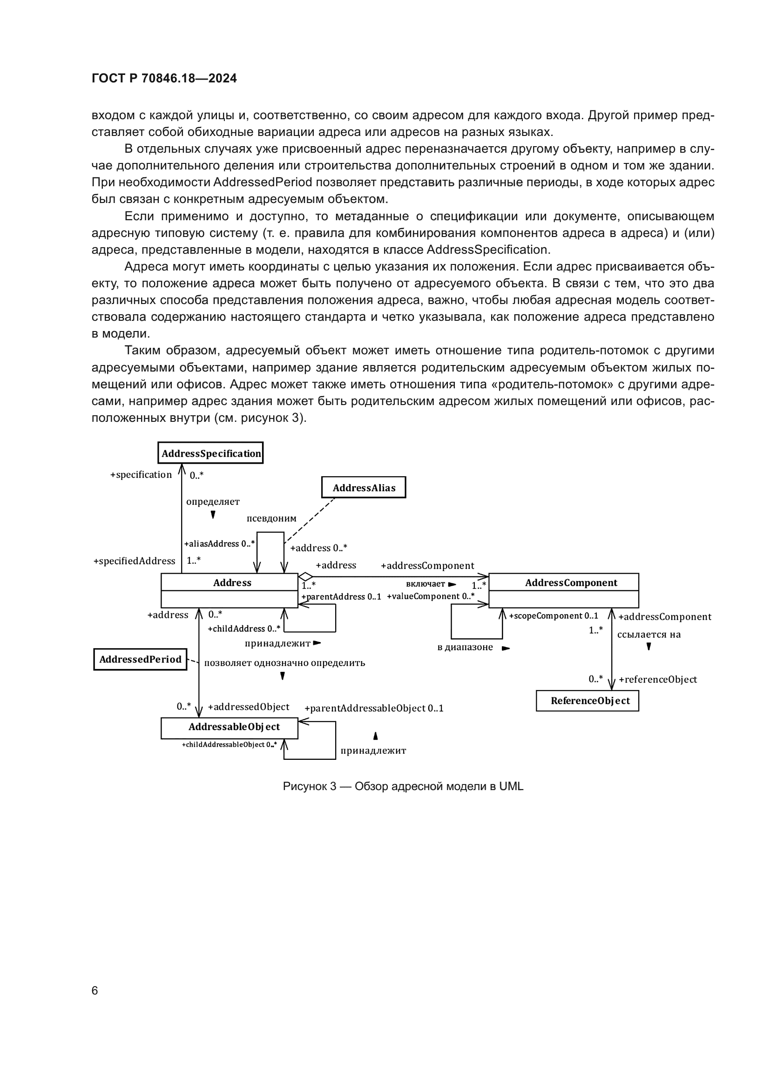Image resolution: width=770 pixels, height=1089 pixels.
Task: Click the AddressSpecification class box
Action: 210,453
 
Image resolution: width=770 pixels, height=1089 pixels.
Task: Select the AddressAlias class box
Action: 364,487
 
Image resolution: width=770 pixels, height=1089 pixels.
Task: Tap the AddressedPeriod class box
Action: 140,659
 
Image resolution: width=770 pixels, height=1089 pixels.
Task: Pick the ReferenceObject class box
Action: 588,701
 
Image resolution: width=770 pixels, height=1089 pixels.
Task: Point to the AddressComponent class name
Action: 571,582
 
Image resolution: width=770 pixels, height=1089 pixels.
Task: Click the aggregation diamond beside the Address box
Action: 305,577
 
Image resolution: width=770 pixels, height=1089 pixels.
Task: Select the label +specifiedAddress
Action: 134,561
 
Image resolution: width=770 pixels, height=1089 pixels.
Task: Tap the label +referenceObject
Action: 658,679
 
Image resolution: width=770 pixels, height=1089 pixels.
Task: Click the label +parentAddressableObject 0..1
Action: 374,708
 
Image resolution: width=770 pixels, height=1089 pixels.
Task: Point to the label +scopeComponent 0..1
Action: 554,616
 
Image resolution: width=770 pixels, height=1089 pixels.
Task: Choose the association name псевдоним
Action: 271,518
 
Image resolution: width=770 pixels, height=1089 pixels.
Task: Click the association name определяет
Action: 213,501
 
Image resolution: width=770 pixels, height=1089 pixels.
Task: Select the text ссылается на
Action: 648,635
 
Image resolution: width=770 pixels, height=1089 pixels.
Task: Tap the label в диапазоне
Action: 465,648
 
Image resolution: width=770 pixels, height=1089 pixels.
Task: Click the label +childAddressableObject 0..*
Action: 230,744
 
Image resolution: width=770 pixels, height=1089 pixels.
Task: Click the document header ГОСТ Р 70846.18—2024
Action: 164,78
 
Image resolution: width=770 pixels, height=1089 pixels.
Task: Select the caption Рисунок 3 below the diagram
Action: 403,786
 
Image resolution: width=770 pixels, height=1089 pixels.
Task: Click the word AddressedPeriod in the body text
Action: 263,183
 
